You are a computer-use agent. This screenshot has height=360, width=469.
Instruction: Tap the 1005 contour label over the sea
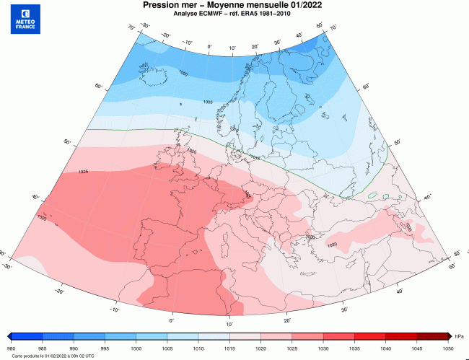click(208, 102)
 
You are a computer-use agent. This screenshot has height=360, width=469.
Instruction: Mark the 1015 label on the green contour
click(254, 157)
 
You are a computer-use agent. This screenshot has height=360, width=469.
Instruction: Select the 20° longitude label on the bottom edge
click(286, 320)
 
